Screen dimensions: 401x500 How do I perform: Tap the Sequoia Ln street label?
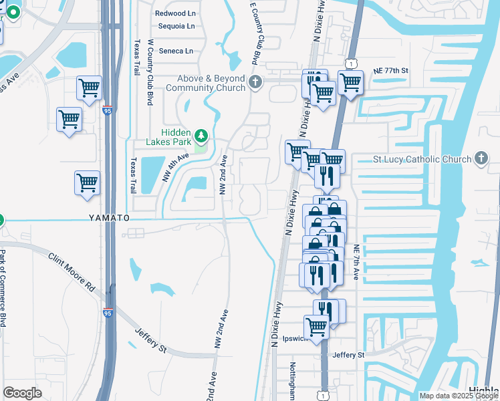(176, 27)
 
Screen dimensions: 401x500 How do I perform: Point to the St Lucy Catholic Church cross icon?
(480, 159)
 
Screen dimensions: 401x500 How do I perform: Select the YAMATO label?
(108, 219)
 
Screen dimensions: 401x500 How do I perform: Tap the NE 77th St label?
(390, 70)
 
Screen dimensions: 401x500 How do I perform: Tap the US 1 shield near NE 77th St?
(350, 62)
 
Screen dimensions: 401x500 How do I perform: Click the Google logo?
(23, 393)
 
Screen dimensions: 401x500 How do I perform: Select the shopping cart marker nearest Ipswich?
(315, 327)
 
